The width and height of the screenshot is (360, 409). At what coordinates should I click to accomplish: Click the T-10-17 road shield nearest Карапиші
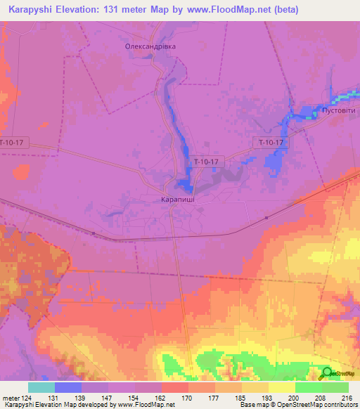[x=207, y=161]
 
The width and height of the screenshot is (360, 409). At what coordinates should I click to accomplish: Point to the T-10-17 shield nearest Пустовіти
[x=271, y=143]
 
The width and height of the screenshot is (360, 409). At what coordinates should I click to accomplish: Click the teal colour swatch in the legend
[x=41, y=387]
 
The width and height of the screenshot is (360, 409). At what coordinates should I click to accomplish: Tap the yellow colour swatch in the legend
[x=282, y=387]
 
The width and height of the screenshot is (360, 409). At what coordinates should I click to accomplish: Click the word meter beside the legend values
[x=11, y=397]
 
